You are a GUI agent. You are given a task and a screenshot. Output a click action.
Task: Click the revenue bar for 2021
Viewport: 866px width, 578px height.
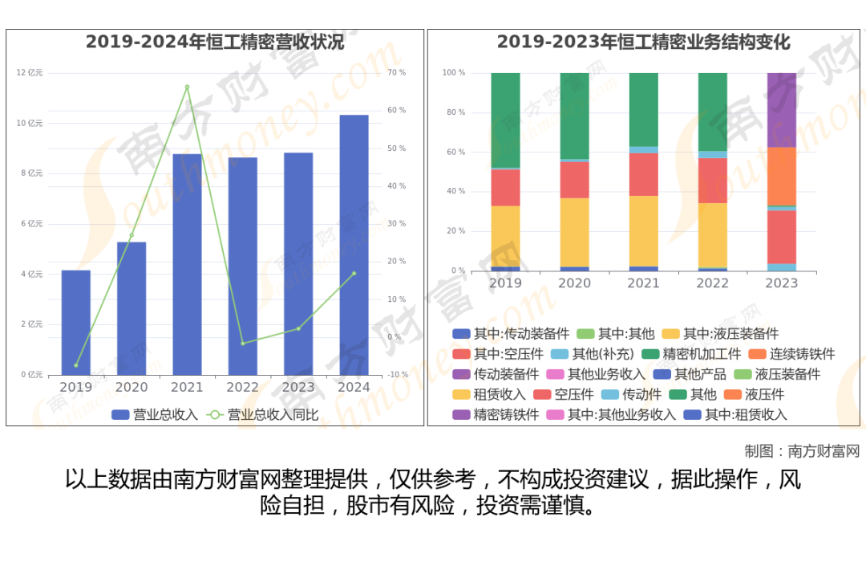point(187,265)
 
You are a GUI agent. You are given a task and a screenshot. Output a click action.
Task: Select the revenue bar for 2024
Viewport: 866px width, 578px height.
point(354,245)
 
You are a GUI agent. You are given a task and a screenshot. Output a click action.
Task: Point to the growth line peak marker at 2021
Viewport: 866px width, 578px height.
point(187,87)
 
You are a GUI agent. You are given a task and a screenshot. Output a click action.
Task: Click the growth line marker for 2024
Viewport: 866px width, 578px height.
point(354,274)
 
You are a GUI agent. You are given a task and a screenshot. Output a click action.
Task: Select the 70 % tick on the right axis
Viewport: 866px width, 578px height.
point(396,73)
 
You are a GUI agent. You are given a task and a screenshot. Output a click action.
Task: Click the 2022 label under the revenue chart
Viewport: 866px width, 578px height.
point(242,387)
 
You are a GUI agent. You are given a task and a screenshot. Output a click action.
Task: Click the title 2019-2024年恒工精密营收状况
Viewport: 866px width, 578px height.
point(215,43)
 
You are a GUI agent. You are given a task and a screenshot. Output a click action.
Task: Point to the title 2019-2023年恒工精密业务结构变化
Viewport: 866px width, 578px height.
point(644,43)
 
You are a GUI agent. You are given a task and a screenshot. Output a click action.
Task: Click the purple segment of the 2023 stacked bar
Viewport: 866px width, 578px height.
point(782,110)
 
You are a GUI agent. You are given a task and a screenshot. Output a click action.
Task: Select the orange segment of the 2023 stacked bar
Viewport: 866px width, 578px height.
point(782,177)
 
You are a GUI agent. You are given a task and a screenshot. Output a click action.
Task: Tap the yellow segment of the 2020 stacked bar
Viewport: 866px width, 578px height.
point(574,232)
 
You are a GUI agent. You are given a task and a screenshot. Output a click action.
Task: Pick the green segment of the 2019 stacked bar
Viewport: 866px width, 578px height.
point(505,120)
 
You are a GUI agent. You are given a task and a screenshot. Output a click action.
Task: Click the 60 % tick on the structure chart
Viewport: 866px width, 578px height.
point(454,152)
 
